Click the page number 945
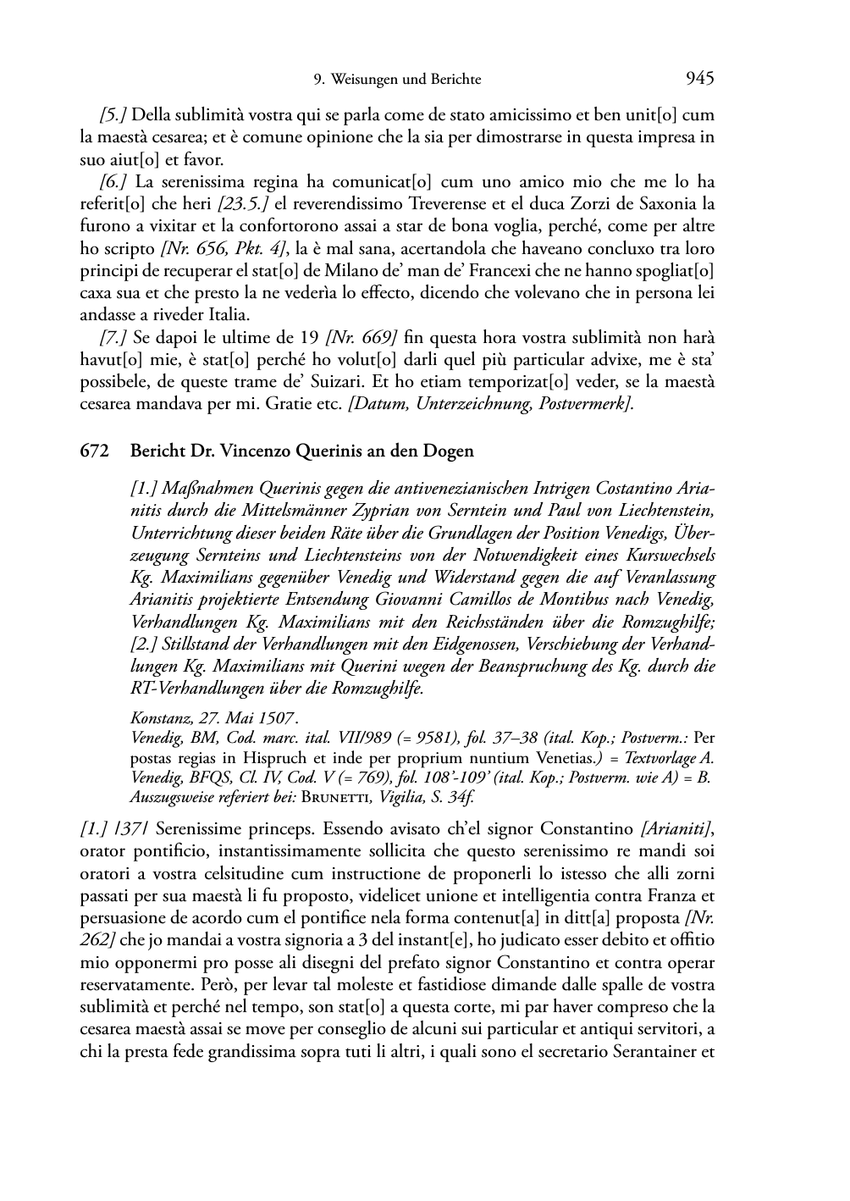click(700, 79)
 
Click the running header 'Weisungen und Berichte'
click(405, 80)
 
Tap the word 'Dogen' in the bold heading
click(450, 451)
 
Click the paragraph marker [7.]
click(113, 338)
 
